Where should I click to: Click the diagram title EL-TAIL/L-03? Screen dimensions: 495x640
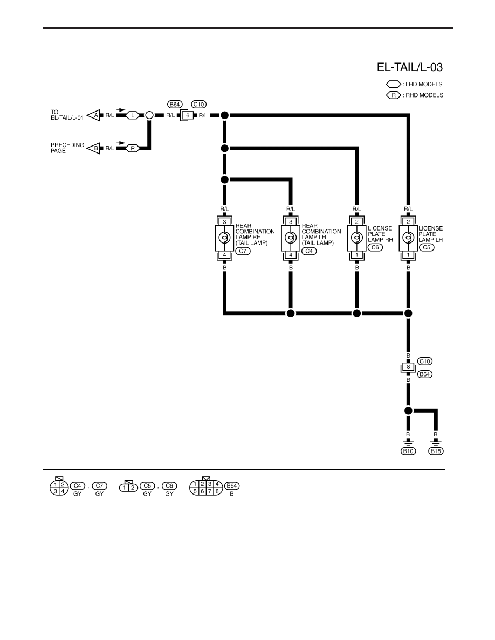(x=410, y=67)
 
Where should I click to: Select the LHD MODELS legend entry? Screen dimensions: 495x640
(x=415, y=84)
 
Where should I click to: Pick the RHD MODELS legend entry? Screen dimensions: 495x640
(x=415, y=95)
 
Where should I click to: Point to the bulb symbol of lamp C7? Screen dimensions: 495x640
(x=224, y=237)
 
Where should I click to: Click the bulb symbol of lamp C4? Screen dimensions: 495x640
(x=291, y=237)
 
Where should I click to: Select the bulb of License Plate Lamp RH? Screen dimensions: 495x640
(x=356, y=237)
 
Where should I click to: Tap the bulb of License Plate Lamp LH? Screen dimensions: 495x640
(x=408, y=237)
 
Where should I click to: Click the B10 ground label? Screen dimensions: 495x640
(x=408, y=451)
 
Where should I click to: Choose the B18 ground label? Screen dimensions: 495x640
(x=436, y=451)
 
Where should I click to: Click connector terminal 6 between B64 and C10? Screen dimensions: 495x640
(x=188, y=115)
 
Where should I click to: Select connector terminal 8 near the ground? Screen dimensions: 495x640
(x=408, y=367)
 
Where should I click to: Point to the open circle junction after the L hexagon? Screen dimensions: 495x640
(x=149, y=115)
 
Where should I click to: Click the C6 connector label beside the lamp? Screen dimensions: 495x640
(x=375, y=247)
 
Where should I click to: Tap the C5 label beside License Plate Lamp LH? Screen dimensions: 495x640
(x=427, y=247)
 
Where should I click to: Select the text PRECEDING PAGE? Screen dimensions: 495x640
(x=67, y=148)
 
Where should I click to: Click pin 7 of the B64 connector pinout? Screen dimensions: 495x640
(x=210, y=491)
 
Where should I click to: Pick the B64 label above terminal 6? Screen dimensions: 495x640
(x=175, y=105)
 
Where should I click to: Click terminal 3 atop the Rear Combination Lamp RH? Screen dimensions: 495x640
(x=224, y=221)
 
